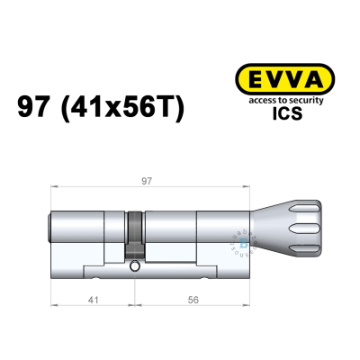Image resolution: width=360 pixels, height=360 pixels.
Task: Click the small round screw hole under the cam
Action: (x=134, y=266)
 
